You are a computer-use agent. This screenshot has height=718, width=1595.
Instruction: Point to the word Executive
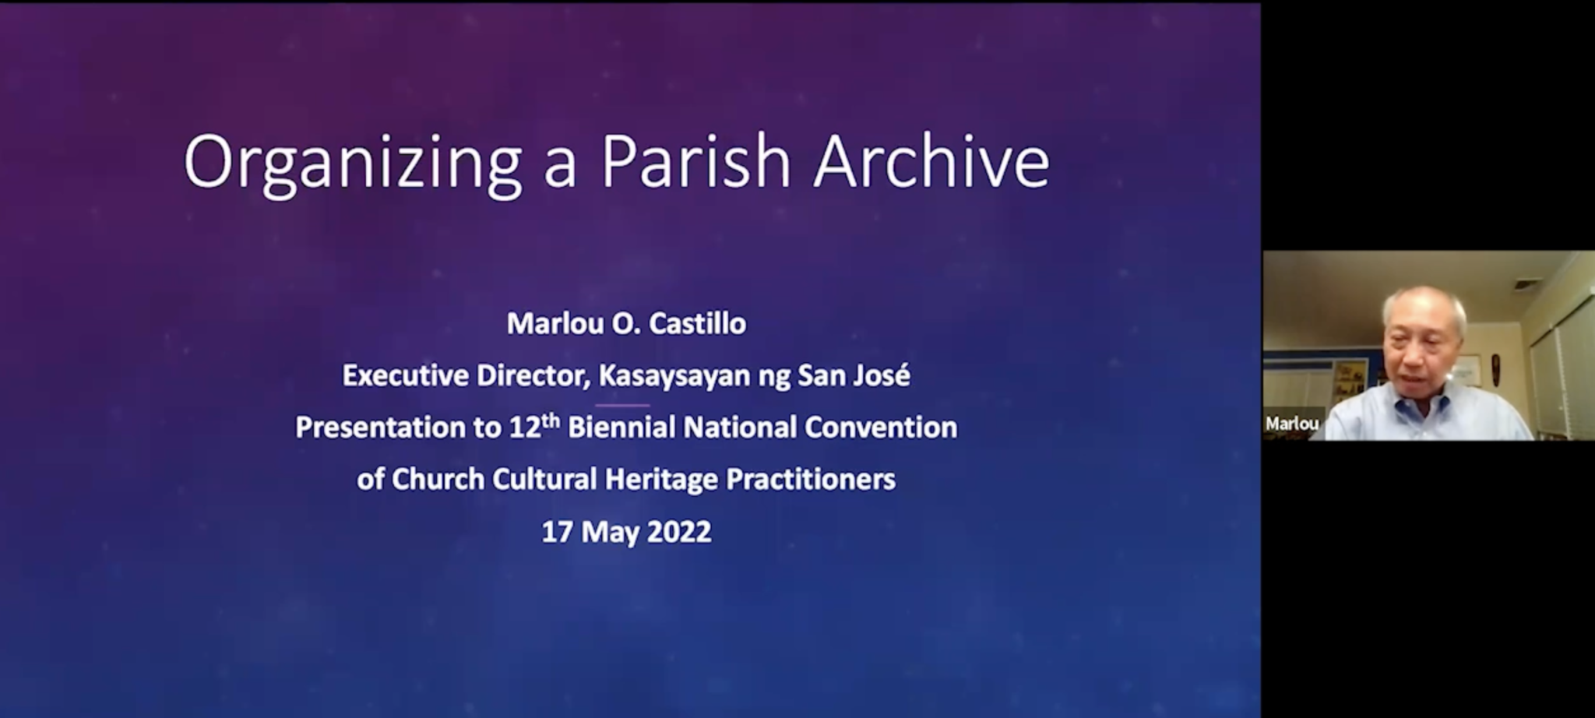click(x=405, y=375)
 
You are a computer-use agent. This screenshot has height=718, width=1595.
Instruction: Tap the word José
click(x=883, y=375)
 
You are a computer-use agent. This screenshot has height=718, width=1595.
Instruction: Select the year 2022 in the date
click(x=679, y=532)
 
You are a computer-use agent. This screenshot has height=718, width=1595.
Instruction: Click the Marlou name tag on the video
click(x=1292, y=424)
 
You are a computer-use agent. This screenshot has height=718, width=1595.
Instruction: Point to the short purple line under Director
click(x=622, y=405)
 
